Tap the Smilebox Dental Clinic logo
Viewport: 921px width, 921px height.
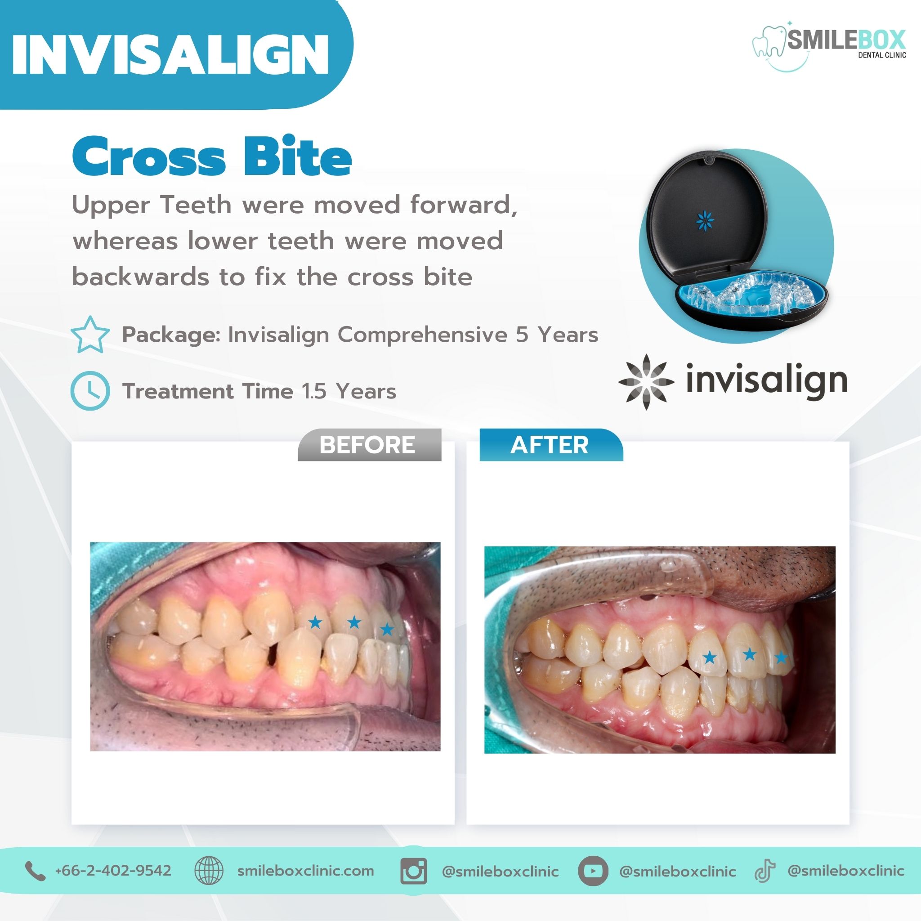(829, 47)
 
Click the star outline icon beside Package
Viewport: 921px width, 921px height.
(90, 335)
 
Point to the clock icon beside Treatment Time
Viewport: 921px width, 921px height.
(90, 391)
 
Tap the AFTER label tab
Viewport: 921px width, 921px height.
(551, 445)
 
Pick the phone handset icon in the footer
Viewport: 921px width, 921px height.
(35, 871)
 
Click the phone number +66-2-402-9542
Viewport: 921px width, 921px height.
(113, 871)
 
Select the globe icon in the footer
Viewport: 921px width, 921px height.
(209, 871)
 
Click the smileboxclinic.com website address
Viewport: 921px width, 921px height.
(305, 871)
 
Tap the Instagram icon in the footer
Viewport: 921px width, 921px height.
(414, 871)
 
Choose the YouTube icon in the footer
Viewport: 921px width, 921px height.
(593, 871)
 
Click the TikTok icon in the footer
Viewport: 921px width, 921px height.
(765, 871)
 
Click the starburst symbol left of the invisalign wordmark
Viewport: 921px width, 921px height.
(646, 382)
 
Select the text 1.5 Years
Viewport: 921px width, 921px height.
(349, 391)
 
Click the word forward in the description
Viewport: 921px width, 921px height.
(464, 205)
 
